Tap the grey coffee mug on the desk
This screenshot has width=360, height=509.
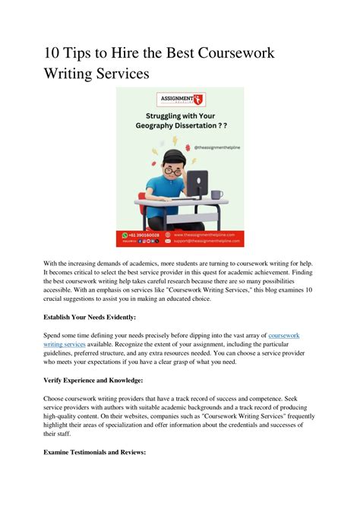click(x=216, y=194)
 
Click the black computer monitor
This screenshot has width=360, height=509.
click(x=197, y=182)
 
